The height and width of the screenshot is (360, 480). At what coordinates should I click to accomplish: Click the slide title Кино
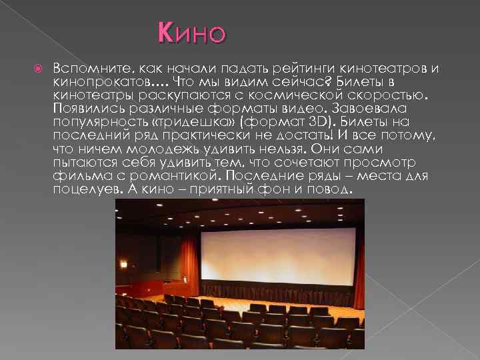pos(192,32)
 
